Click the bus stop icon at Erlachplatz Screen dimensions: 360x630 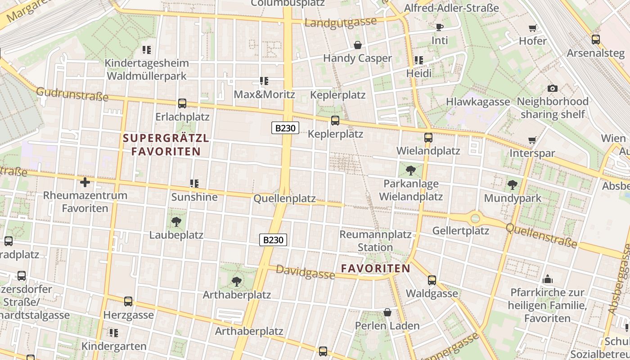coord(182,103)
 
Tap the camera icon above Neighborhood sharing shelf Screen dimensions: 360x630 coord(552,88)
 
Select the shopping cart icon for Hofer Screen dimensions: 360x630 coord(533,28)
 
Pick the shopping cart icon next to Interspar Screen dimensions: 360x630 coord(532,140)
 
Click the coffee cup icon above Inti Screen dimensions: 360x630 coord(440,27)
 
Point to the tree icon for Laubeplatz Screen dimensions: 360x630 coord(176,221)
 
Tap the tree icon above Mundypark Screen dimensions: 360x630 coord(512,184)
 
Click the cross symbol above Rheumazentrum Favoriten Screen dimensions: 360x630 coord(85,182)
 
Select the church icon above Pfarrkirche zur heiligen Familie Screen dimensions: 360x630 coord(548,279)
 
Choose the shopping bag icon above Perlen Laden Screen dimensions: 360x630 coord(387,312)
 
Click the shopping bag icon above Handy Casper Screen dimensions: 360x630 coord(358,45)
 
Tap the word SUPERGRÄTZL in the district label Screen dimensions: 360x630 coord(166,138)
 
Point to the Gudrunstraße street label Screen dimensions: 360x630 coord(72,94)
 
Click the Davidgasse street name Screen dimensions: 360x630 coord(305,271)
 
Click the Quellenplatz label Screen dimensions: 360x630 coord(284,198)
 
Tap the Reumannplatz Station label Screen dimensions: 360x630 coord(375,241)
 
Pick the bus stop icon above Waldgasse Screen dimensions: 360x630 coord(432,280)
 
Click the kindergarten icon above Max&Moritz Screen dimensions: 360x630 coord(264,81)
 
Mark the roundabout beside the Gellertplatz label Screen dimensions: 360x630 coord(475,219)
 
